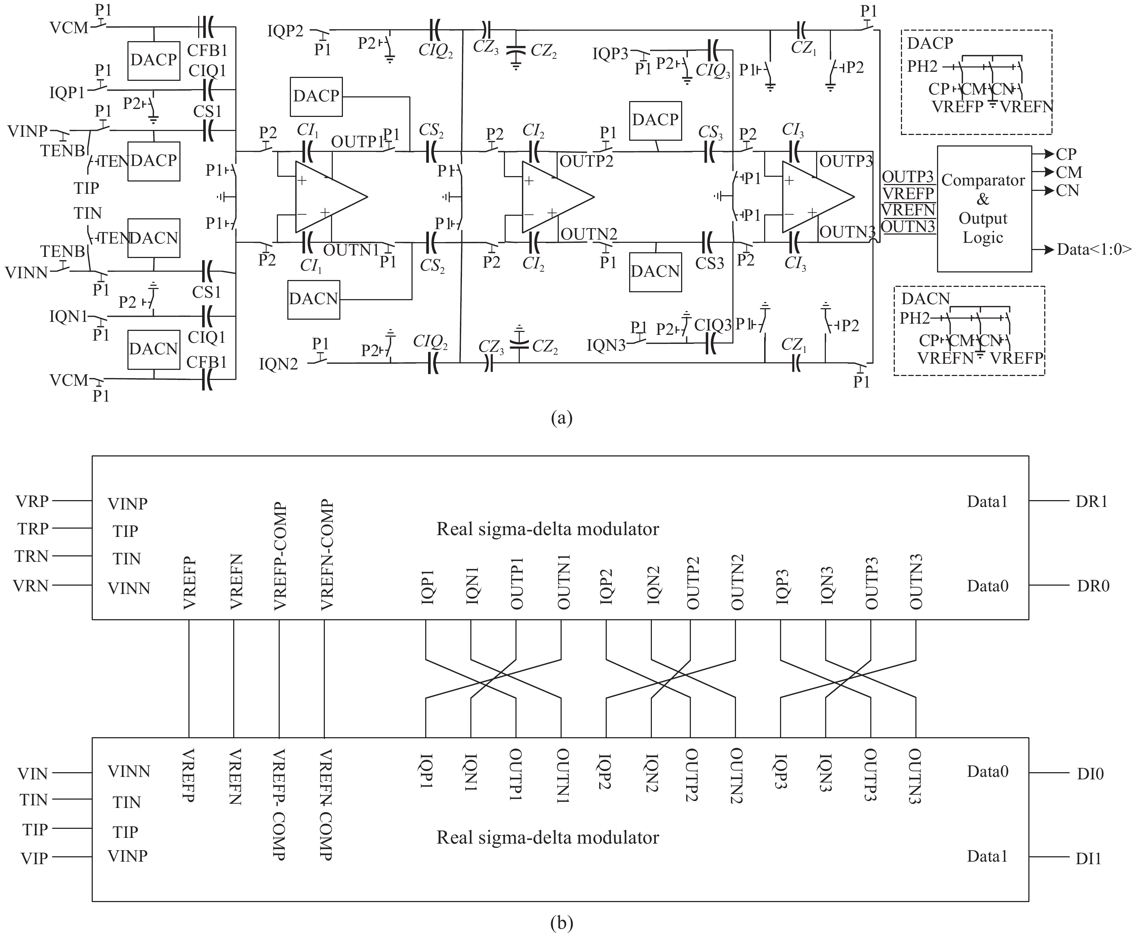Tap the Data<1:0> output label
[x=1093, y=250]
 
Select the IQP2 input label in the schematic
[x=285, y=31]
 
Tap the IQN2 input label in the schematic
[x=278, y=364]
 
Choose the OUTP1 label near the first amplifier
[x=356, y=142]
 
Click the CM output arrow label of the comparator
[x=1068, y=172]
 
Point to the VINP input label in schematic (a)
[x=27, y=131]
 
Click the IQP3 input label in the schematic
[x=610, y=54]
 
